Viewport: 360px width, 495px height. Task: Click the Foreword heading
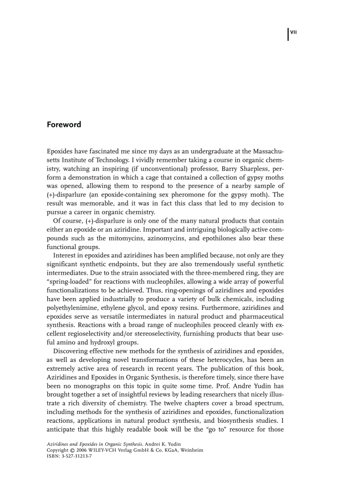point(64,125)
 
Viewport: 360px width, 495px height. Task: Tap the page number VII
point(293,32)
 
